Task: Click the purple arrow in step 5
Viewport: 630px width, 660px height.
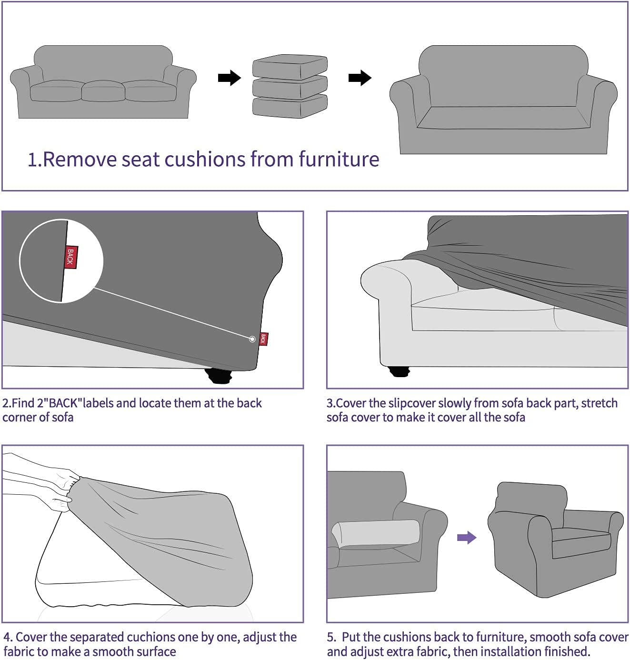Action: click(x=466, y=538)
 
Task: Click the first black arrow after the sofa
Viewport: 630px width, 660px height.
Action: click(x=230, y=78)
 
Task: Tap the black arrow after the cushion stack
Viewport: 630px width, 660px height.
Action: click(x=360, y=78)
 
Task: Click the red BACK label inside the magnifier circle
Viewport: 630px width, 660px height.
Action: click(x=70, y=257)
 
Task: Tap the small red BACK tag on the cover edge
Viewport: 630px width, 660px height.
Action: click(x=263, y=339)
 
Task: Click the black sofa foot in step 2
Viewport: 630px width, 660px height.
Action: click(x=219, y=377)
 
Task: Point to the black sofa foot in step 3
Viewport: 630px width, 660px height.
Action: click(x=400, y=371)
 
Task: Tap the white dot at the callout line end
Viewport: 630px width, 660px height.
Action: click(x=252, y=339)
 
